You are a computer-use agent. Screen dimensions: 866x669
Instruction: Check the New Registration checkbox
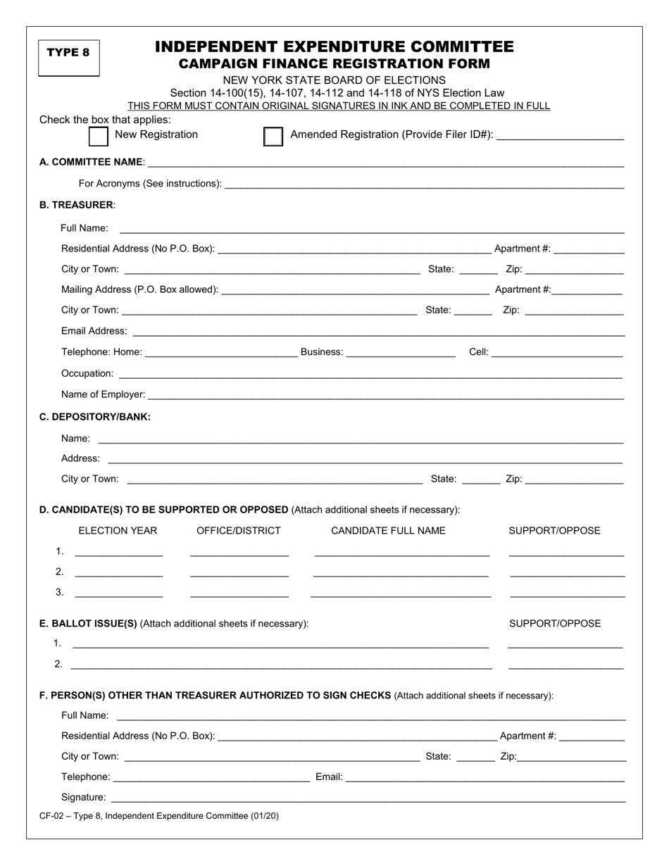(x=99, y=135)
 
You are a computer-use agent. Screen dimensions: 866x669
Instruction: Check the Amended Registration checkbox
(x=273, y=136)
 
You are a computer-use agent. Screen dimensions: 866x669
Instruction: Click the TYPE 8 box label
(x=68, y=52)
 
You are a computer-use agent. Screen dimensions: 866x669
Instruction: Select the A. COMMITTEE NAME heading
(x=92, y=162)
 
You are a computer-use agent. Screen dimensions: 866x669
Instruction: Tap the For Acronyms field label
(x=150, y=184)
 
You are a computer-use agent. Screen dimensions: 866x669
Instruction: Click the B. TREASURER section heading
(x=77, y=205)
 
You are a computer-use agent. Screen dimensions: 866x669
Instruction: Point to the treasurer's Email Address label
(x=94, y=331)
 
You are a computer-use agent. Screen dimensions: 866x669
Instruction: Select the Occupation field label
(x=87, y=373)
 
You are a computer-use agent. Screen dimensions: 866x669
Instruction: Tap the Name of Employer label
(x=104, y=394)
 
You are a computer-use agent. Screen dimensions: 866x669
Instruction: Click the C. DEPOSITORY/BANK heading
(x=95, y=417)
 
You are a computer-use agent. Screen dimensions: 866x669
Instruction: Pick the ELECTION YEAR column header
(x=118, y=531)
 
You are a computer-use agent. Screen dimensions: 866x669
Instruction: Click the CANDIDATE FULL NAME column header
(x=388, y=531)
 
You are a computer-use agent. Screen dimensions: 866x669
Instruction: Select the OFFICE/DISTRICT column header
(x=239, y=531)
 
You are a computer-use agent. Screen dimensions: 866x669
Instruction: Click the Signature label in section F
(x=84, y=798)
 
